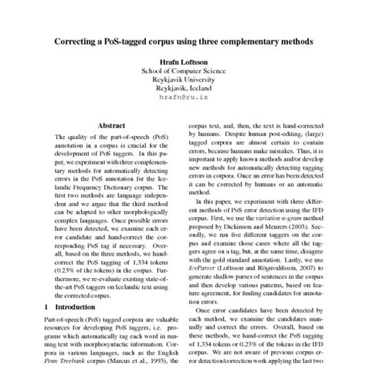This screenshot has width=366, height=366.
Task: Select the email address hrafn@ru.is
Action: [183, 99]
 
